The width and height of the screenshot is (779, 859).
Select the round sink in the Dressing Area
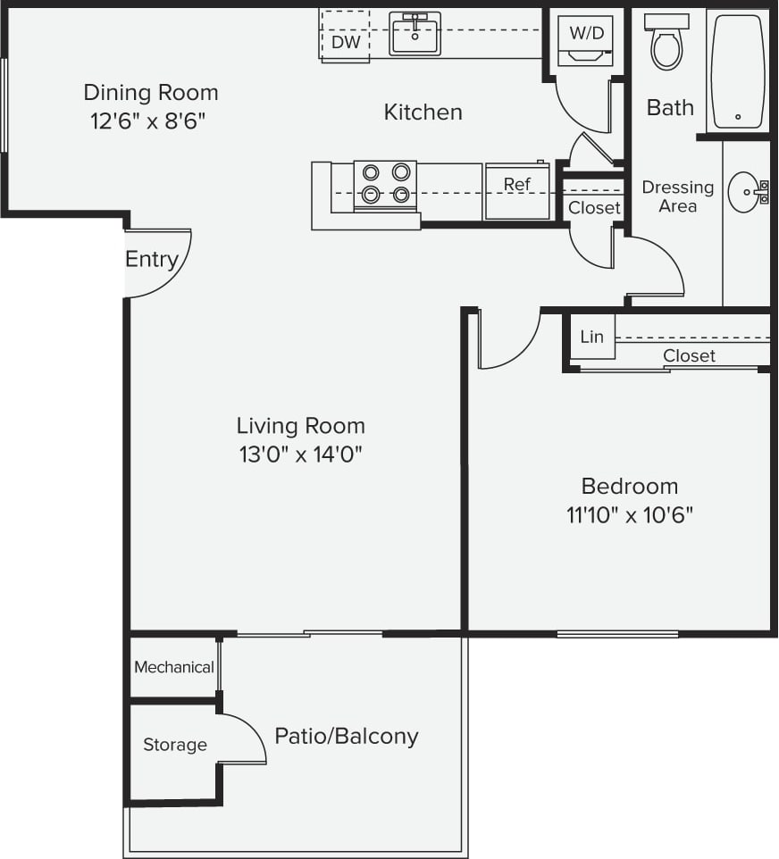[x=746, y=191]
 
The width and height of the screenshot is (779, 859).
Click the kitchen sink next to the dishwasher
[x=415, y=34]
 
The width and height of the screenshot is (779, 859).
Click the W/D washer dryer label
[x=586, y=34]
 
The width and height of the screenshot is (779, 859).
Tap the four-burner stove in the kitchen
[x=386, y=184]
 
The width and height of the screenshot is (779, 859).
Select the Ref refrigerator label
[x=516, y=185]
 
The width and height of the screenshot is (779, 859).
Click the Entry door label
[x=152, y=259]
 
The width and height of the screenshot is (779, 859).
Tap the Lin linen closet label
[x=591, y=337]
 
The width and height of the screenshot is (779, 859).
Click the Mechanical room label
[x=173, y=667]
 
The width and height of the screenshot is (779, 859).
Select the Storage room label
[x=175, y=745]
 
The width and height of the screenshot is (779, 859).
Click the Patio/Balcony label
[x=346, y=737]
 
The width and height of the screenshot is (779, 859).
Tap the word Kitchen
[x=423, y=113]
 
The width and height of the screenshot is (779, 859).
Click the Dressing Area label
[x=677, y=196]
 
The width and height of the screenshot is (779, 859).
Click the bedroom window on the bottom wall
[x=616, y=635]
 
